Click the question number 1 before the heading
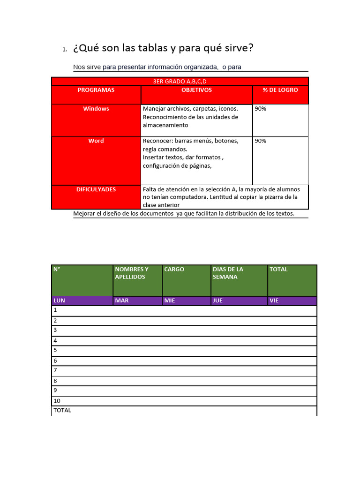64,50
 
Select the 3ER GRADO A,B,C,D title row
180,81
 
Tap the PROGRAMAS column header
96,90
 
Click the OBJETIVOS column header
196,90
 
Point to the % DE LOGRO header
280,90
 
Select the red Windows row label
96,109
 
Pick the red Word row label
96,141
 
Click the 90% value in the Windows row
261,109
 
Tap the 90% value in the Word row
261,141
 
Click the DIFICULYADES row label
96,190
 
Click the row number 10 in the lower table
57,401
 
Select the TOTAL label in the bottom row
62,410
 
